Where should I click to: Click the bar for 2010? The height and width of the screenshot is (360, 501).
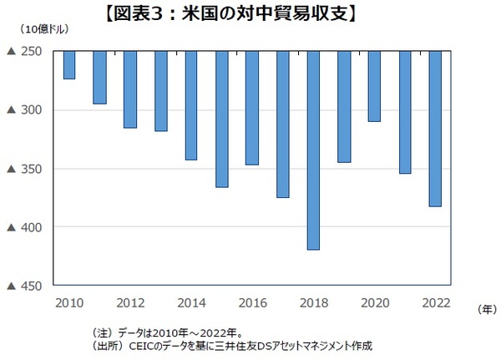point(69,65)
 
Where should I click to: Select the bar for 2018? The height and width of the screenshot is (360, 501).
point(314,150)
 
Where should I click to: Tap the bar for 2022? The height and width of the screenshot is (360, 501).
point(435,129)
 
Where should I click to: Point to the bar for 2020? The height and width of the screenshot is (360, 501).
point(374,86)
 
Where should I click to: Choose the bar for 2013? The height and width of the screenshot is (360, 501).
point(160,91)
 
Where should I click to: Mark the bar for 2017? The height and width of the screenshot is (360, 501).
point(282,124)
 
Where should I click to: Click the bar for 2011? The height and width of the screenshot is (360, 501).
point(99,78)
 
